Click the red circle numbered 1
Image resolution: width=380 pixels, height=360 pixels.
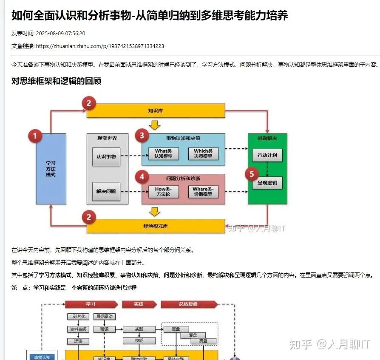point(35,136)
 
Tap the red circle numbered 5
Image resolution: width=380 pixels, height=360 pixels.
point(252,174)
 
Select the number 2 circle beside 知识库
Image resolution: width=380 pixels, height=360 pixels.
point(89,103)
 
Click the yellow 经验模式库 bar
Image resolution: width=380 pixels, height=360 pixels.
point(156,226)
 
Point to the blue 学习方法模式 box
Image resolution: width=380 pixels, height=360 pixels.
point(51,169)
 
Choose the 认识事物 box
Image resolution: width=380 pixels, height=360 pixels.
point(106,156)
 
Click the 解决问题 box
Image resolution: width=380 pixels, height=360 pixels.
point(106,191)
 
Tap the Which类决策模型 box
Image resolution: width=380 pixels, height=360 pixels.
point(203,153)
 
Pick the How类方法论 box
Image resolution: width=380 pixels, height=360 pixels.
point(163,192)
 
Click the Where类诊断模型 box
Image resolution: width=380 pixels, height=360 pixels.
point(203,192)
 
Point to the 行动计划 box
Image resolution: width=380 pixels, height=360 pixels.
point(267,155)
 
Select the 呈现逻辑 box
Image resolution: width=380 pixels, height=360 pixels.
point(267,183)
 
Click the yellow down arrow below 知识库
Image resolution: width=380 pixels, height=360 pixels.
point(155,125)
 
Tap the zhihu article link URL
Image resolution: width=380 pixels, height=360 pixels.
point(100,46)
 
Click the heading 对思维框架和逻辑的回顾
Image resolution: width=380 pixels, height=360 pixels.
point(56,81)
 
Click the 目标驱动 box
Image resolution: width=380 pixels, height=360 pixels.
point(104,317)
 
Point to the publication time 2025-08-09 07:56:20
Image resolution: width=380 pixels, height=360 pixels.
point(61,33)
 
